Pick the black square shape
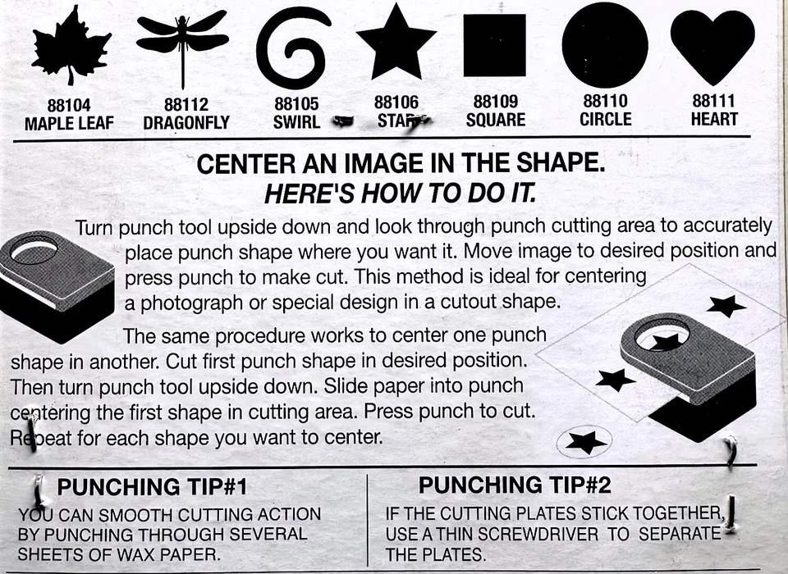(x=494, y=45)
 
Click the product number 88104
(x=69, y=106)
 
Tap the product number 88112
(x=186, y=106)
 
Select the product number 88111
(x=714, y=102)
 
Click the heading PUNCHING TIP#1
(x=153, y=488)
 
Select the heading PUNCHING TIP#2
(x=515, y=485)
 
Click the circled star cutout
(x=585, y=443)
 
